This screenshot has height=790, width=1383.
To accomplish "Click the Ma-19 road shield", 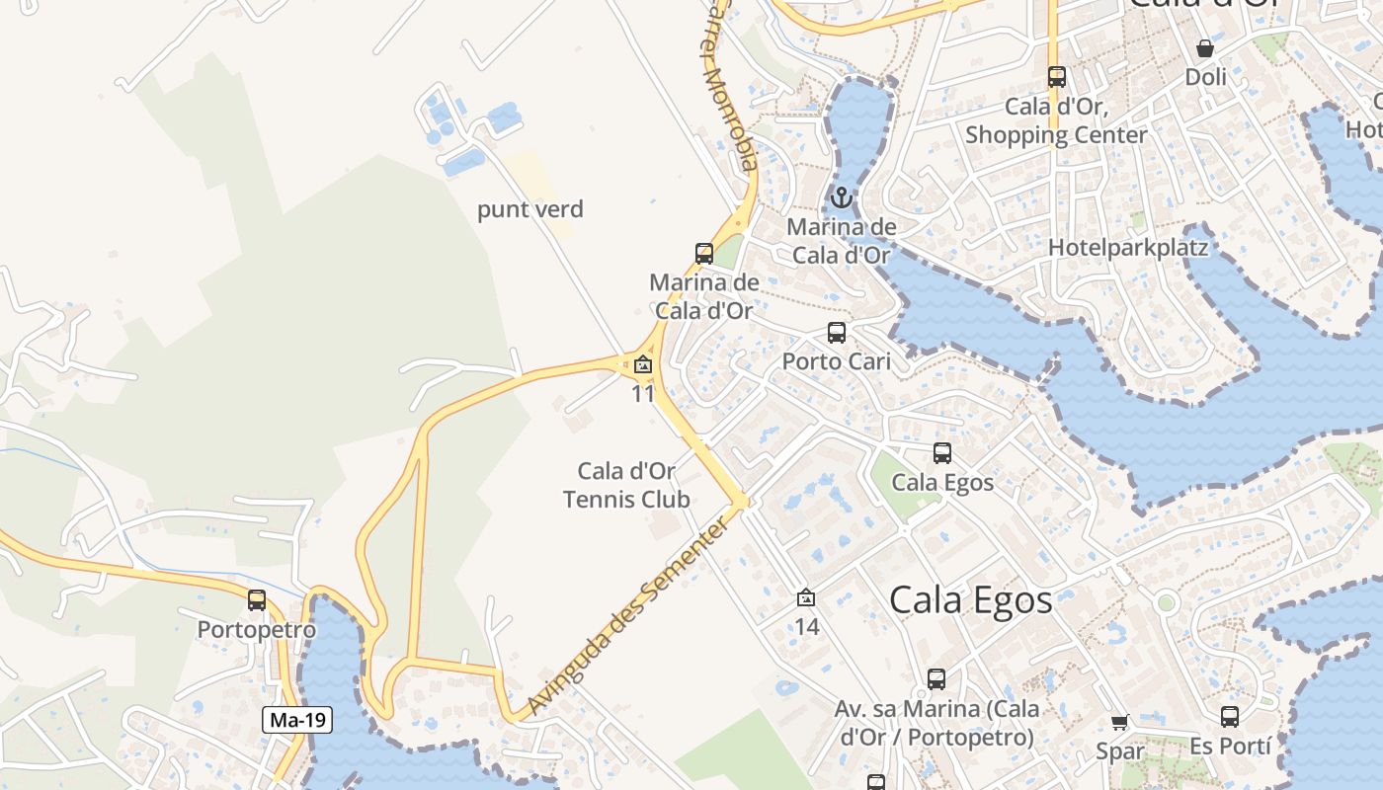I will (297, 720).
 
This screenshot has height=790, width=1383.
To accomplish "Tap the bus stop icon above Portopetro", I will (257, 599).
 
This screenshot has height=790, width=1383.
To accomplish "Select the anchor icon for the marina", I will (841, 197).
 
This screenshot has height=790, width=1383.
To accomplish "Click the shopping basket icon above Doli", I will (1205, 47).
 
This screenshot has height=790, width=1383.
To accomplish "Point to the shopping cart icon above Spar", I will (1119, 723).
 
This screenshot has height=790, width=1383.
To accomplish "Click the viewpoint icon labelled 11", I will (643, 364).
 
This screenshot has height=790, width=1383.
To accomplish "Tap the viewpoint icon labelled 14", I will (806, 597).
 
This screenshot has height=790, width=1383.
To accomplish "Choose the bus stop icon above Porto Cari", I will (837, 333).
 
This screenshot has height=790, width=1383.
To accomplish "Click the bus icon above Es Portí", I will (1230, 717).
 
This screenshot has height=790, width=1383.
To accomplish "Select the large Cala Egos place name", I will (970, 599).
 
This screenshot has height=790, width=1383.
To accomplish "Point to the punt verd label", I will (530, 209).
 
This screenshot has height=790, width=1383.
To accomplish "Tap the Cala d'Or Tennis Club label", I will (626, 485).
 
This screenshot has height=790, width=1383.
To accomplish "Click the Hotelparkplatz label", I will (1128, 247).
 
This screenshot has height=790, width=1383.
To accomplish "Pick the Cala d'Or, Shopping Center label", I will (1056, 120).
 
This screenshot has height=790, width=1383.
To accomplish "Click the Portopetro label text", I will (257, 630).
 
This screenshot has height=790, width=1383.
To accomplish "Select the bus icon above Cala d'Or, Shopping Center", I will (1057, 76).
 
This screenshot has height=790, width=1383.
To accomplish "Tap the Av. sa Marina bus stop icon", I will (936, 679).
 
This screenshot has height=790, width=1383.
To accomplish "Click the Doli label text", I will (1205, 77).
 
